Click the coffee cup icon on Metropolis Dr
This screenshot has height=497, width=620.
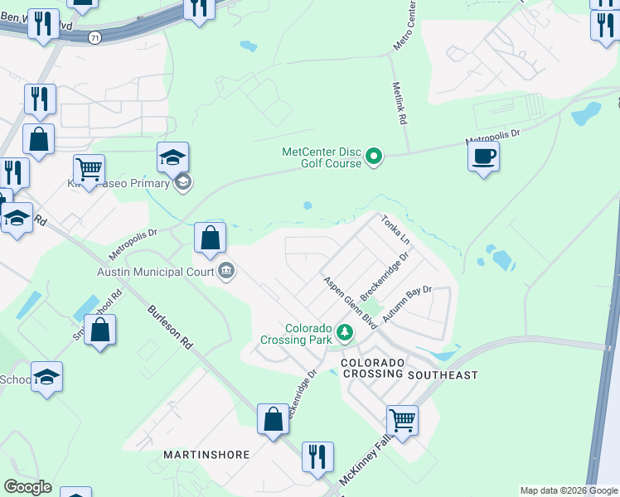click(483, 155)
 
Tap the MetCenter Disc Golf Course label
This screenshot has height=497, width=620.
click(322, 157)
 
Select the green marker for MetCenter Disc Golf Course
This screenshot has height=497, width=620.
click(375, 156)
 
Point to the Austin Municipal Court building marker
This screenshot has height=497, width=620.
click(225, 271)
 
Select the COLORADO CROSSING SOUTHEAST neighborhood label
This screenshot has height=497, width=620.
click(409, 369)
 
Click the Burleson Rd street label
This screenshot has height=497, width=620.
click(169, 327)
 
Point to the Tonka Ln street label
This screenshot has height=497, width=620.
click(396, 229)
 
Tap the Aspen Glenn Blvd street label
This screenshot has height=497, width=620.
click(350, 303)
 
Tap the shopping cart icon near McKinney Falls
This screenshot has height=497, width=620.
click(402, 420)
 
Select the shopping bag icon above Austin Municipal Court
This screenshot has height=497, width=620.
click(211, 238)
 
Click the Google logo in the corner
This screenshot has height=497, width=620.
click(27, 487)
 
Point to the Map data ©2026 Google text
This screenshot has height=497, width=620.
click(568, 490)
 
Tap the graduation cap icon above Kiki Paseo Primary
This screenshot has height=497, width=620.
click(172, 157)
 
